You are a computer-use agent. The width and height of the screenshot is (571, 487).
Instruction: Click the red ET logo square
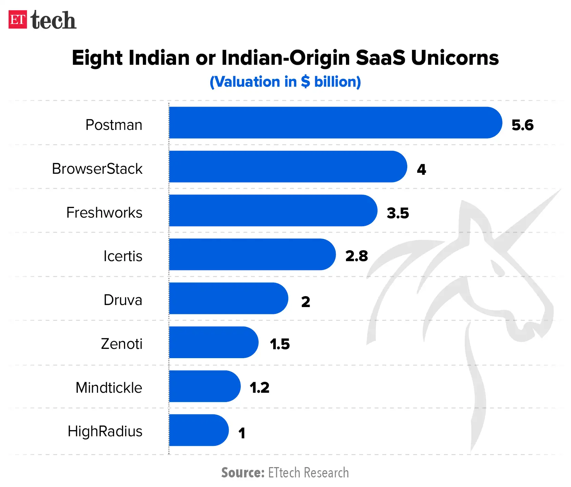coord(17,20)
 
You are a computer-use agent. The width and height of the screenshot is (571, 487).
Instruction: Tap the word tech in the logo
coord(53,20)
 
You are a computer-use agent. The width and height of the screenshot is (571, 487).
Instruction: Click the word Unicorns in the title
coord(455,58)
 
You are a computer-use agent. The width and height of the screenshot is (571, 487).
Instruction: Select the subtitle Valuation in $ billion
coord(285,82)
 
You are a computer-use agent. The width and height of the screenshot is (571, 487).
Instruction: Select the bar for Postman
coord(335,123)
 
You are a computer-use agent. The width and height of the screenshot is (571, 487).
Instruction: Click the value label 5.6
coord(522,125)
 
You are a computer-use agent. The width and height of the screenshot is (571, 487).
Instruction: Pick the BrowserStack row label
coord(97,169)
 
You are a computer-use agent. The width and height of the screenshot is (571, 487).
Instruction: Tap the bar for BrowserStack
coord(288,167)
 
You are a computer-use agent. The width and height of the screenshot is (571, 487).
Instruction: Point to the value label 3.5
coord(398,213)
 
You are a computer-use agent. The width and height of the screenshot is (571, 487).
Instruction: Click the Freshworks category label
coord(104,212)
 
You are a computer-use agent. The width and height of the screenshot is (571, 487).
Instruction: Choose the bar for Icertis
coord(252,254)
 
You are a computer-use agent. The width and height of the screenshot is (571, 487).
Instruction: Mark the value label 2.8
coord(357,256)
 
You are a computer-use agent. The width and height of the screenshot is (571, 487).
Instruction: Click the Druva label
coord(123,300)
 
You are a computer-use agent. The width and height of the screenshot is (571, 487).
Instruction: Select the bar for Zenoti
coord(213,342)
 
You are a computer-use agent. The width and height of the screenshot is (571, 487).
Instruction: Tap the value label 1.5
coord(280,344)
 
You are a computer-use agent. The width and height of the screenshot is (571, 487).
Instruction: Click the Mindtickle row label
coord(109,388)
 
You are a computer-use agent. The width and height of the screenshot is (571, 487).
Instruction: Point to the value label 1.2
coord(259,388)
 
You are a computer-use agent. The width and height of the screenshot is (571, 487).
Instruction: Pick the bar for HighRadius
coord(198,430)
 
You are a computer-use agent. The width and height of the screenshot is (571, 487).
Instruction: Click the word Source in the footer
coord(243,473)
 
